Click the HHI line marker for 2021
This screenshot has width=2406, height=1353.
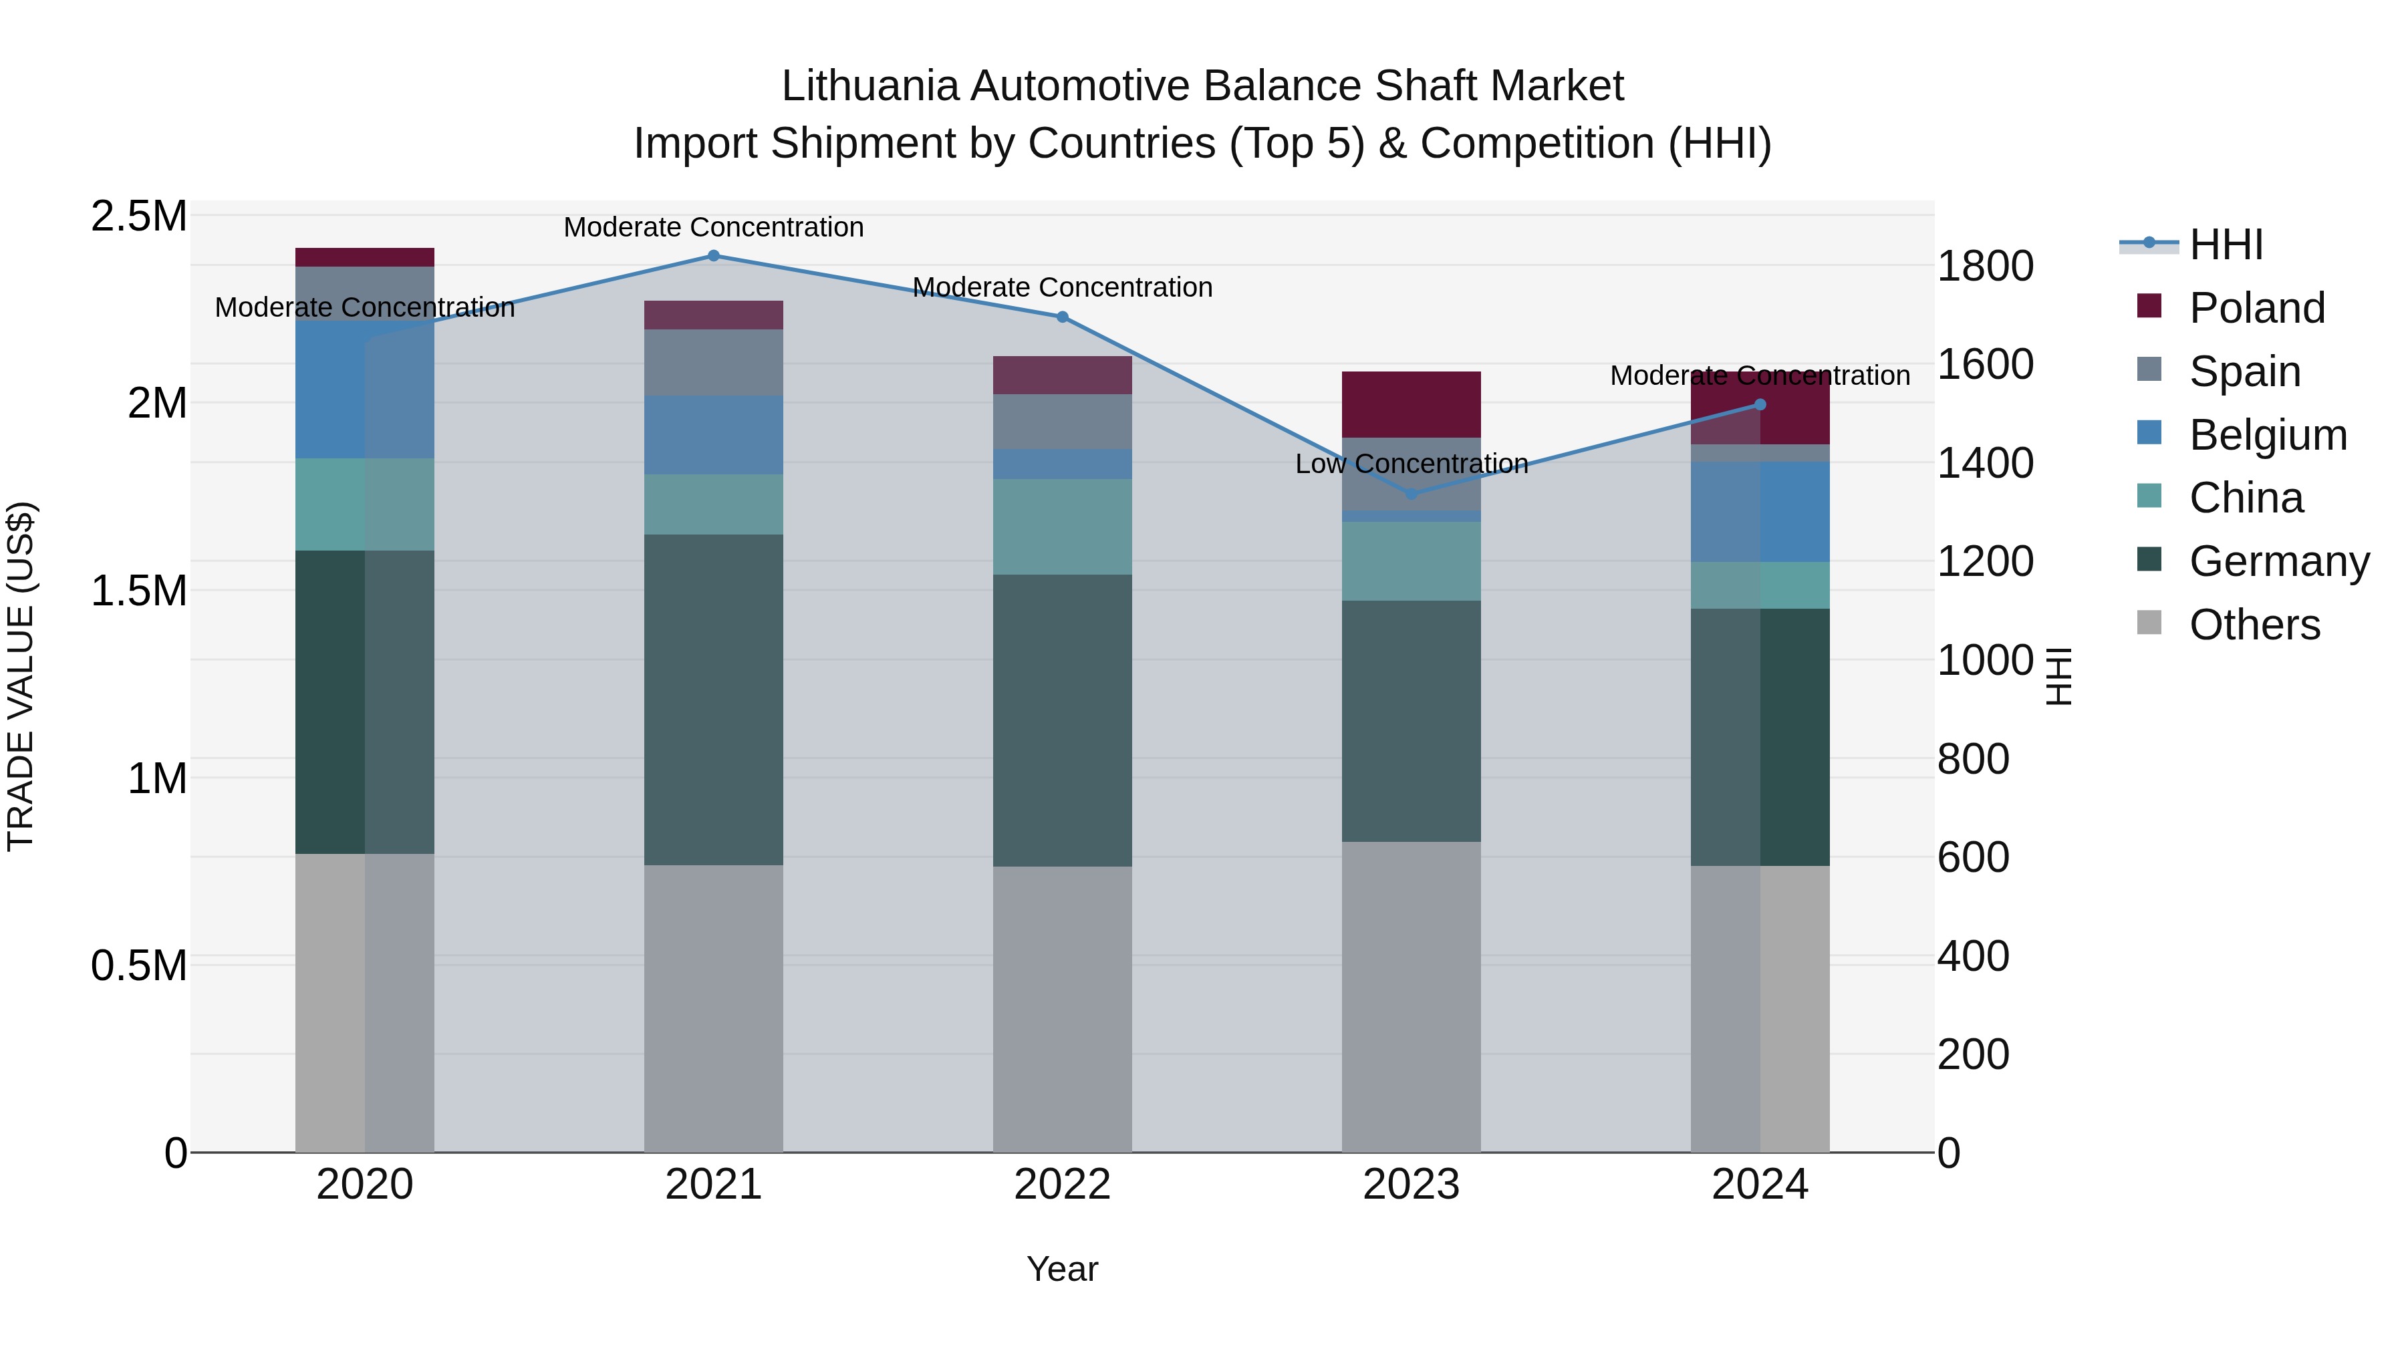click(714, 256)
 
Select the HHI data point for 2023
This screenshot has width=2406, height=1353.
click(1412, 494)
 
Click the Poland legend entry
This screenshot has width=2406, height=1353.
click(2256, 308)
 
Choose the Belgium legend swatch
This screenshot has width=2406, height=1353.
click(2149, 434)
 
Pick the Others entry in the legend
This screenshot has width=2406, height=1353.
click(2254, 625)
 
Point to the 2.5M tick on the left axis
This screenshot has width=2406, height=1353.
click(138, 216)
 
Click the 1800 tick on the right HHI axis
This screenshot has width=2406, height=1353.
click(1985, 266)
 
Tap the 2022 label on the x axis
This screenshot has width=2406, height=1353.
click(1062, 1185)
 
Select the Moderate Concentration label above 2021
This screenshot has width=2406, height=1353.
click(714, 227)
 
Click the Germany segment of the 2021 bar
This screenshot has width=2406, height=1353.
click(714, 700)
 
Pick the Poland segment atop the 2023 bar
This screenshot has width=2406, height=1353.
click(1412, 404)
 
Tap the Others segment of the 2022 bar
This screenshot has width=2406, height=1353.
click(1062, 1008)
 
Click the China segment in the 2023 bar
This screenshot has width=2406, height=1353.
click(1412, 561)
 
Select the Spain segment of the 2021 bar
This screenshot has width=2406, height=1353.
click(714, 362)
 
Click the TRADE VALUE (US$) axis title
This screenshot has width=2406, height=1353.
click(21, 677)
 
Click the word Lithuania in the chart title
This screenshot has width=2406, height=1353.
click(870, 87)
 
